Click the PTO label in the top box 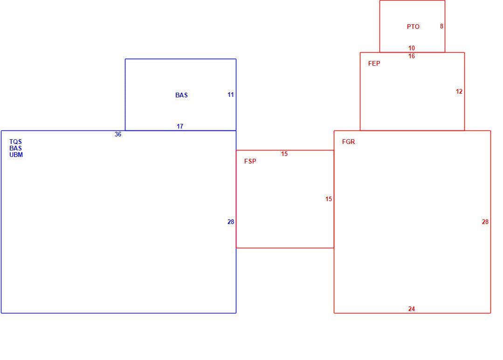click(x=413, y=27)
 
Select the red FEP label click(x=374, y=63)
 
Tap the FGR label click(x=348, y=142)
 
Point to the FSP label click(x=250, y=161)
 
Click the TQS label click(x=15, y=142)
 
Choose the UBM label click(x=16, y=155)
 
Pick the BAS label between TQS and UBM click(x=15, y=148)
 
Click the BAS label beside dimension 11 click(x=181, y=95)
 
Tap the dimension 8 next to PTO click(x=442, y=26)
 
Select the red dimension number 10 click(x=412, y=48)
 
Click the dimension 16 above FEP click(x=412, y=56)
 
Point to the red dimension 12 click(x=459, y=92)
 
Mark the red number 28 click(x=485, y=222)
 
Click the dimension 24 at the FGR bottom click(x=412, y=309)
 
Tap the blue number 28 click(x=231, y=222)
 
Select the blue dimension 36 click(x=118, y=134)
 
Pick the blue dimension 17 click(x=180, y=126)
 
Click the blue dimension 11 click(x=231, y=95)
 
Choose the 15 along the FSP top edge click(x=284, y=154)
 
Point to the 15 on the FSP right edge click(x=329, y=199)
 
